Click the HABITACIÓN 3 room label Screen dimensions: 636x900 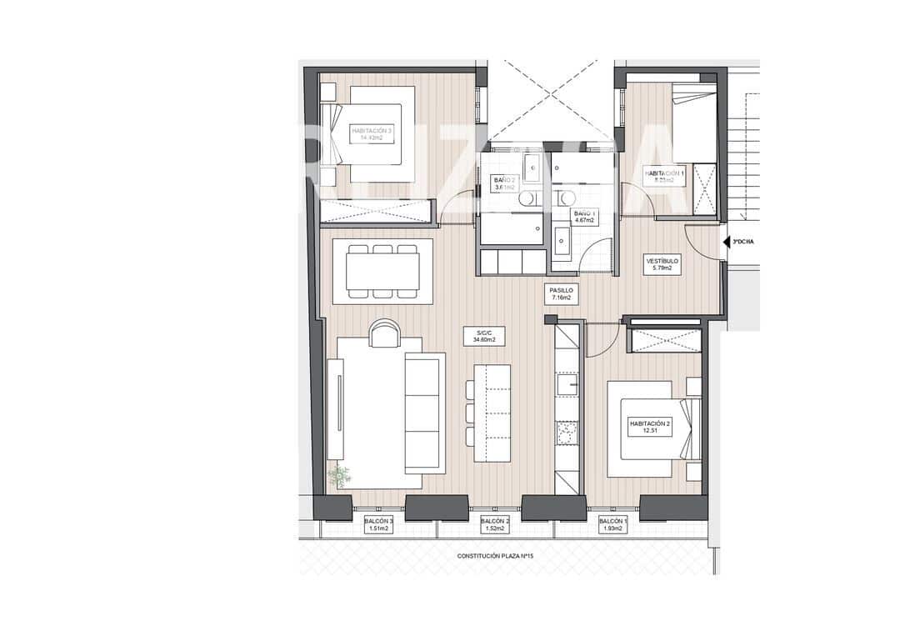pos(372,135)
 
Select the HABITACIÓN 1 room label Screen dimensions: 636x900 pos(664,176)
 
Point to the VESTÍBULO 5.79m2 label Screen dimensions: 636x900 pos(663,264)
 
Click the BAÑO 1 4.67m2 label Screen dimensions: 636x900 pos(582,217)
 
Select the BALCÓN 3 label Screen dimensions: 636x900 pos(378,524)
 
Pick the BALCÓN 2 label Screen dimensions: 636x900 pos(495,524)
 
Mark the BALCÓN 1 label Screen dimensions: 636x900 pos(612,524)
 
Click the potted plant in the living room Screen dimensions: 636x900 pos(339,476)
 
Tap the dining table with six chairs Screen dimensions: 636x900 pos(383,271)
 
